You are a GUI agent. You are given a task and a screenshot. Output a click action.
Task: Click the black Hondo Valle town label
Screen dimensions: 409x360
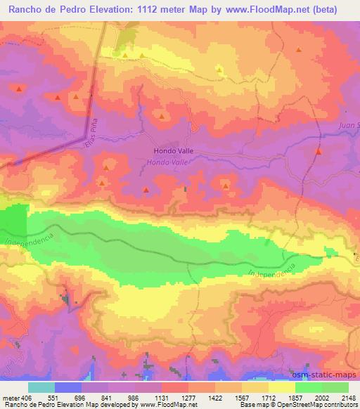click(x=173, y=151)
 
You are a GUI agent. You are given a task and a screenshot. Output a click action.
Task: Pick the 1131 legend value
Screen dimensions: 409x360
click(x=172, y=396)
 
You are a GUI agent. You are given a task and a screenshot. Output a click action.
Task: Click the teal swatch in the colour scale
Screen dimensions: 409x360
click(x=41, y=387)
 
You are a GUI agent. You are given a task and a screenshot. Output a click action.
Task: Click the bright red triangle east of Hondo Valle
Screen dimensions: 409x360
click(x=319, y=151)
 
